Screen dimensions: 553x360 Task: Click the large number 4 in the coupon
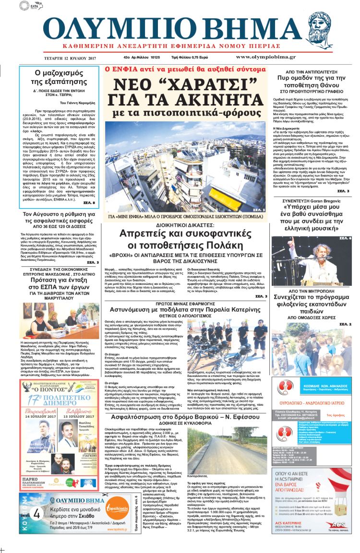tap(36, 514)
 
